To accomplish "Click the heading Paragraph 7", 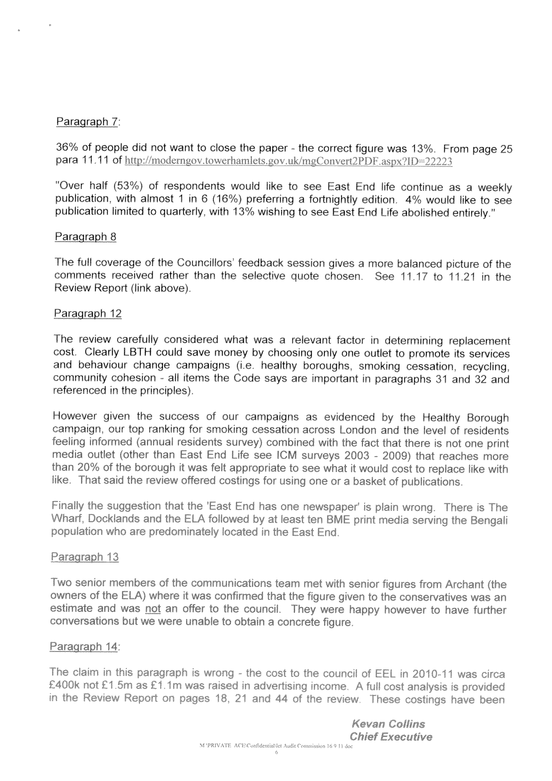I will [88, 122].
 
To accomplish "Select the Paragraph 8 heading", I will [85, 236].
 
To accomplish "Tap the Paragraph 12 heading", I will [87, 313].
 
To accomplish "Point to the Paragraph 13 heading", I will [85, 557].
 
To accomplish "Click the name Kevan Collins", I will [388, 724].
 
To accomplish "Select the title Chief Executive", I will [391, 736].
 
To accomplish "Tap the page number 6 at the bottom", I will [276, 753].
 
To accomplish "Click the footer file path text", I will [276, 746].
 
